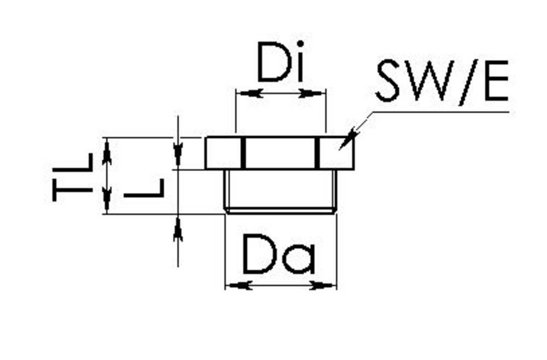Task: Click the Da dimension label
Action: tap(280, 254)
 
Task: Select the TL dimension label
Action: tap(72, 176)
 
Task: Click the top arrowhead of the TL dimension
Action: tap(107, 150)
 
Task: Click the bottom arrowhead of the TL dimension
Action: tap(107, 200)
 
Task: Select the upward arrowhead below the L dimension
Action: tap(178, 229)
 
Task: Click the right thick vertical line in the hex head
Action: tap(316, 153)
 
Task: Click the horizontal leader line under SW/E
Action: tap(438, 112)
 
